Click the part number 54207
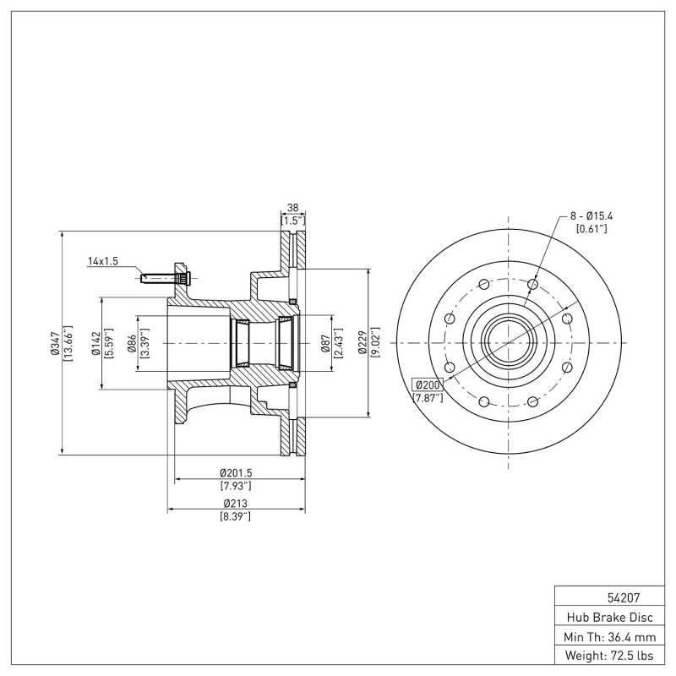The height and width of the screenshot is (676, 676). click(608, 596)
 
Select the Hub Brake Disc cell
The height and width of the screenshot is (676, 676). click(608, 616)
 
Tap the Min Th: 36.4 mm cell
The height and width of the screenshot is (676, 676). click(608, 635)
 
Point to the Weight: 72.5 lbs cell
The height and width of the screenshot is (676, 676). click(608, 656)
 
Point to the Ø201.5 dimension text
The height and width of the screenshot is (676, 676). click(236, 472)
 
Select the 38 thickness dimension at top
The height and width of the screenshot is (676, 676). click(292, 207)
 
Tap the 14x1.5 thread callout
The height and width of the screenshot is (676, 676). click(103, 262)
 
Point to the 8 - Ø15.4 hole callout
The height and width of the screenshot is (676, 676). click(591, 217)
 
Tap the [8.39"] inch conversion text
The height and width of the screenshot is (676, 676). click(236, 515)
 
